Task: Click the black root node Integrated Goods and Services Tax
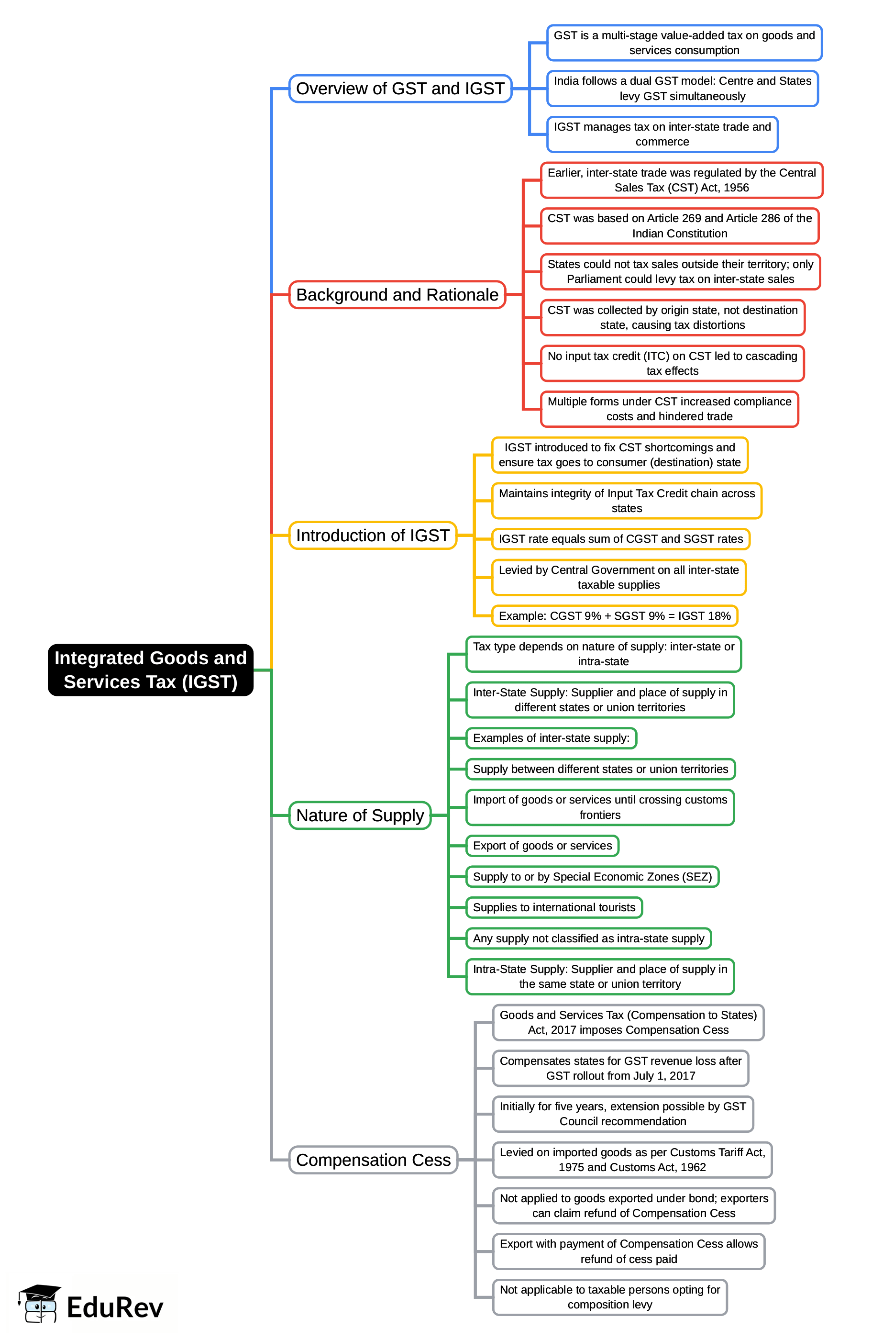(150, 670)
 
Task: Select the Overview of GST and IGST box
(400, 89)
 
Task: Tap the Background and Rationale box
(397, 294)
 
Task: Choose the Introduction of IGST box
(373, 535)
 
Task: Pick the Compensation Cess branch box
(373, 1160)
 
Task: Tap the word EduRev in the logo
(115, 1307)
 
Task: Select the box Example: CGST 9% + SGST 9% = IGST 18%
(614, 615)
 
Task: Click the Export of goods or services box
(542, 845)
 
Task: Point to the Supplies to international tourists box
(553, 907)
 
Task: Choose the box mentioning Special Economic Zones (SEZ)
(592, 876)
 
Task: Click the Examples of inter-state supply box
(551, 737)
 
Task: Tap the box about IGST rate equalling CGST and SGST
(620, 538)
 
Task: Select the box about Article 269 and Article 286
(679, 226)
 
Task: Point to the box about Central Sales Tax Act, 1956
(681, 180)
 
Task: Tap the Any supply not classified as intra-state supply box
(588, 938)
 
